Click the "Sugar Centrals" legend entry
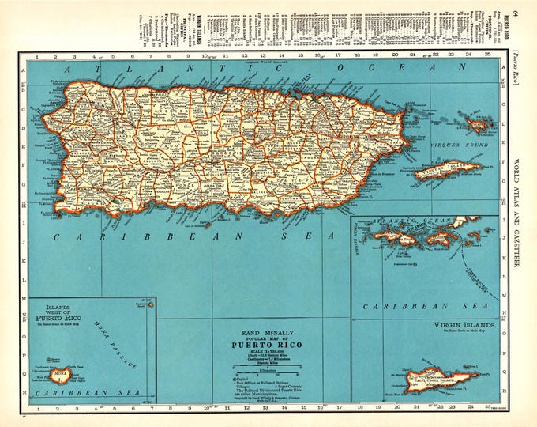(x=280, y=384)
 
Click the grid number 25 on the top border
(x=488, y=56)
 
